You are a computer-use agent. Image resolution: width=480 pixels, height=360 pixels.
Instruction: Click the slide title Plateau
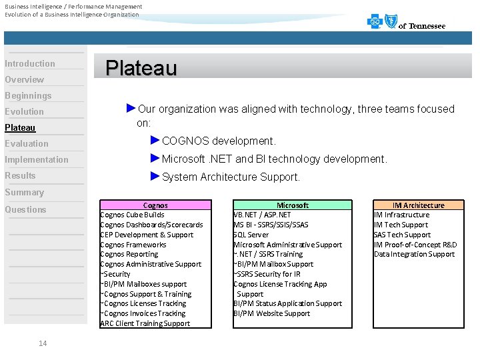click(x=141, y=68)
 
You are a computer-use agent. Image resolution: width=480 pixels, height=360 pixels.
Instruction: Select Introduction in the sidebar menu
click(x=30, y=63)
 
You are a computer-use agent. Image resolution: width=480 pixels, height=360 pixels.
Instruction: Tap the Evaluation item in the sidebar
click(x=27, y=143)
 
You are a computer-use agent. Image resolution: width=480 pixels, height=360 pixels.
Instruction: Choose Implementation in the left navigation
click(x=37, y=159)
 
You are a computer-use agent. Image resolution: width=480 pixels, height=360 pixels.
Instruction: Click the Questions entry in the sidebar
click(x=25, y=209)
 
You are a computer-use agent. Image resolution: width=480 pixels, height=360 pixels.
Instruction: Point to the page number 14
click(x=43, y=343)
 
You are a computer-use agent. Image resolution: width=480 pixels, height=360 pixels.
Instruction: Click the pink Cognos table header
click(x=155, y=205)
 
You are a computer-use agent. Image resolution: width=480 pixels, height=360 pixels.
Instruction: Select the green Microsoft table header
click(x=293, y=205)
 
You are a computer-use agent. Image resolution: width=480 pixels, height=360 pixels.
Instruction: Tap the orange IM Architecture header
click(x=418, y=205)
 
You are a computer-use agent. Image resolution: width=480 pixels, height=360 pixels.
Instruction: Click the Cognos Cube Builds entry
click(x=132, y=215)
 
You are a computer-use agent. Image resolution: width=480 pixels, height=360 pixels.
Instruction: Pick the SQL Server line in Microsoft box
click(x=251, y=235)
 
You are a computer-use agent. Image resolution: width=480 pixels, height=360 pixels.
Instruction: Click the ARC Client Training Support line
click(x=145, y=323)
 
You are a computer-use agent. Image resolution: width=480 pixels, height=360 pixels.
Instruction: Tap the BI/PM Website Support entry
click(x=272, y=313)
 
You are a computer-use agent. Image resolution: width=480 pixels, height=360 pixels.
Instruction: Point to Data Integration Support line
click(x=414, y=254)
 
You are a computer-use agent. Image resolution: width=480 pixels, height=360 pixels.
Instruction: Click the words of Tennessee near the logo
click(x=422, y=26)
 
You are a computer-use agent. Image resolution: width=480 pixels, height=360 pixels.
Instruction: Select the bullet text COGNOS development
click(x=219, y=141)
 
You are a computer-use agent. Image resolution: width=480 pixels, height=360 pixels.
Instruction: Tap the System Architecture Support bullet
click(x=231, y=177)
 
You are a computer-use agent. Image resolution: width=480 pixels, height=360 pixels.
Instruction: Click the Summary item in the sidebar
click(x=24, y=192)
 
